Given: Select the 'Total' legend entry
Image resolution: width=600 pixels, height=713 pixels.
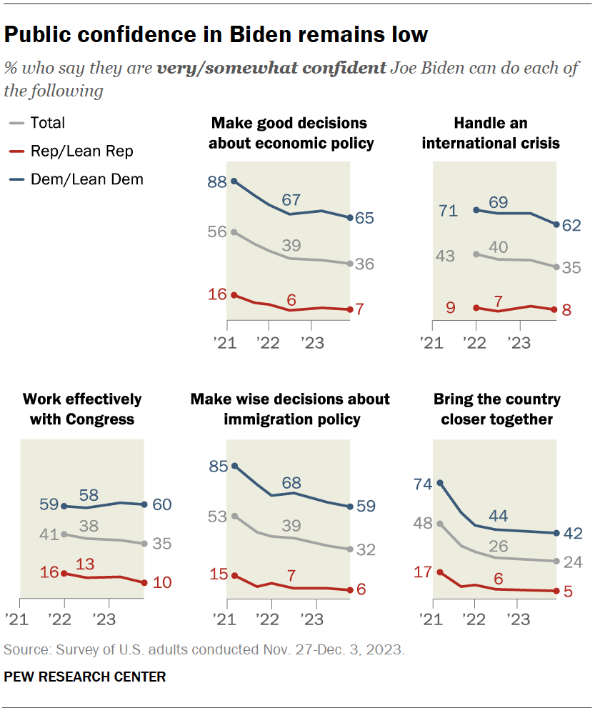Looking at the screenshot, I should click(x=47, y=123).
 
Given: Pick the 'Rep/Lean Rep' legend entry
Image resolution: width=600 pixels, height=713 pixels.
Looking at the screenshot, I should click(x=71, y=151).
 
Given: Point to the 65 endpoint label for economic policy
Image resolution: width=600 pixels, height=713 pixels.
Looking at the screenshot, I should click(x=366, y=218).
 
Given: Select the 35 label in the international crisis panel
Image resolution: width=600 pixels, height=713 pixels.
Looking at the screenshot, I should click(x=571, y=268).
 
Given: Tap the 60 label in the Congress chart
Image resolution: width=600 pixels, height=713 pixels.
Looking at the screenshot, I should click(x=162, y=504).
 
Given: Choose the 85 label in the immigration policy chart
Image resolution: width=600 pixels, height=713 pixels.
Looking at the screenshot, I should click(x=218, y=467).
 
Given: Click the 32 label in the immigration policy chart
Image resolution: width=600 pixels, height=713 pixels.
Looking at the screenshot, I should click(x=366, y=550).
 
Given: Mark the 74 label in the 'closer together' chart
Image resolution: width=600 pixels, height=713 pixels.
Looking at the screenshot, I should click(x=423, y=484).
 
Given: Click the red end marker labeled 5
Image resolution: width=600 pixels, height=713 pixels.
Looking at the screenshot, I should click(x=555, y=591).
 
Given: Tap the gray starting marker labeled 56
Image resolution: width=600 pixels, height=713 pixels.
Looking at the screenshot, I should click(x=234, y=232).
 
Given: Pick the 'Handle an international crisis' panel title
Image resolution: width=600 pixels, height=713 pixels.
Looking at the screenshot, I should click(x=491, y=133).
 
